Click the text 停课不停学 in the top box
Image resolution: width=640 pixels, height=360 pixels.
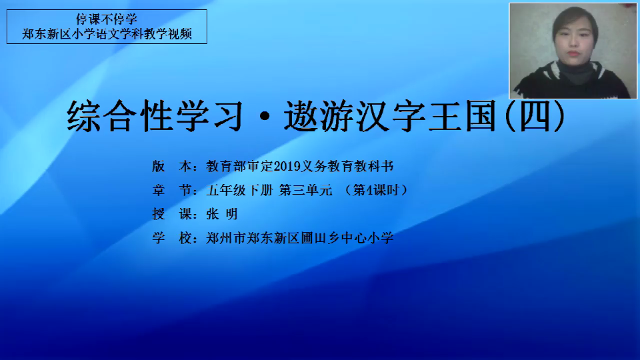pyautogui.click(x=107, y=19)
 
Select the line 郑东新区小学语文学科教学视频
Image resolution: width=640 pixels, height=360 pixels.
pyautogui.click(x=107, y=34)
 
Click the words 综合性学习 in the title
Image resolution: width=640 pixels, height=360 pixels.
pyautogui.click(x=155, y=116)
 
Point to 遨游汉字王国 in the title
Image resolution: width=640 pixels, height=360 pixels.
pyautogui.click(x=391, y=116)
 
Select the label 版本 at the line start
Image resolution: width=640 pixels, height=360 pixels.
pyautogui.click(x=172, y=166)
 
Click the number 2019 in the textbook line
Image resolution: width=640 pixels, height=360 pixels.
pyautogui.click(x=287, y=166)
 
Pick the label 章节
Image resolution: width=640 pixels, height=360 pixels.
pyautogui.click(x=172, y=190)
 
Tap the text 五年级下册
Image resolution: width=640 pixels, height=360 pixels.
pyautogui.click(x=239, y=190)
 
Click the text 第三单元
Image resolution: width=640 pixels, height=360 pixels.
pyautogui.click(x=306, y=190)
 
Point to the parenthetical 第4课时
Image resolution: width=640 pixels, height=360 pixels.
pyautogui.click(x=376, y=190)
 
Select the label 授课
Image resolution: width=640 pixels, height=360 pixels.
pyautogui.click(x=172, y=214)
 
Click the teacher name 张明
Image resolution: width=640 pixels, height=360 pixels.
pyautogui.click(x=222, y=214)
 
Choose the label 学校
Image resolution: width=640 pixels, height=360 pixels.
pyautogui.click(x=172, y=238)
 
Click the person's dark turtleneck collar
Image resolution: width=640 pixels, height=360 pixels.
pyautogui.click(x=576, y=71)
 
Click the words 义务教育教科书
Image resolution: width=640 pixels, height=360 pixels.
pyautogui.click(x=347, y=166)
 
